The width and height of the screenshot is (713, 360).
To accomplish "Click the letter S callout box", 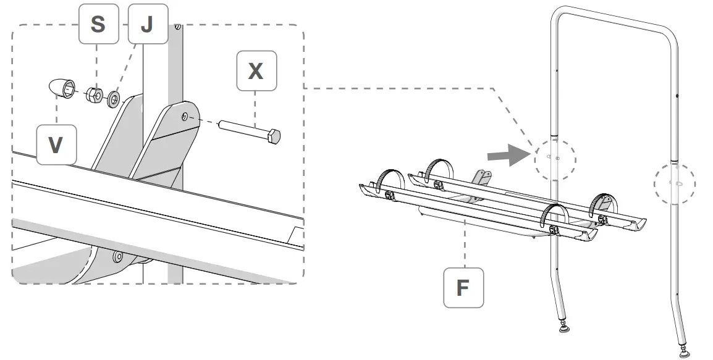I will (97, 25).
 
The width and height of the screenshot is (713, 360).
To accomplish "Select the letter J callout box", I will (146, 25).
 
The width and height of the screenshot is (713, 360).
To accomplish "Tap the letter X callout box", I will (256, 72).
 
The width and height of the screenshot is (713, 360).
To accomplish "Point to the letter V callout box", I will (56, 144).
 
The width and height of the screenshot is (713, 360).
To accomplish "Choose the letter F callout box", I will (463, 287).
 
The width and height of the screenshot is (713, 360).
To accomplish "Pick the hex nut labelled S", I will (94, 94).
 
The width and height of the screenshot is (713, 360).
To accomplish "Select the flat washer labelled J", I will (114, 98).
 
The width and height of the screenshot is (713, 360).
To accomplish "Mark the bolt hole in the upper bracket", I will (185, 116).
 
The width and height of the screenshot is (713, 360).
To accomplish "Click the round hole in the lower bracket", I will (116, 255).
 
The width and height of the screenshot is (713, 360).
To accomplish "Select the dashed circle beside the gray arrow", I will (555, 159).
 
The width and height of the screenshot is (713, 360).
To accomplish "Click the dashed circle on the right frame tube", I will (674, 183).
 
